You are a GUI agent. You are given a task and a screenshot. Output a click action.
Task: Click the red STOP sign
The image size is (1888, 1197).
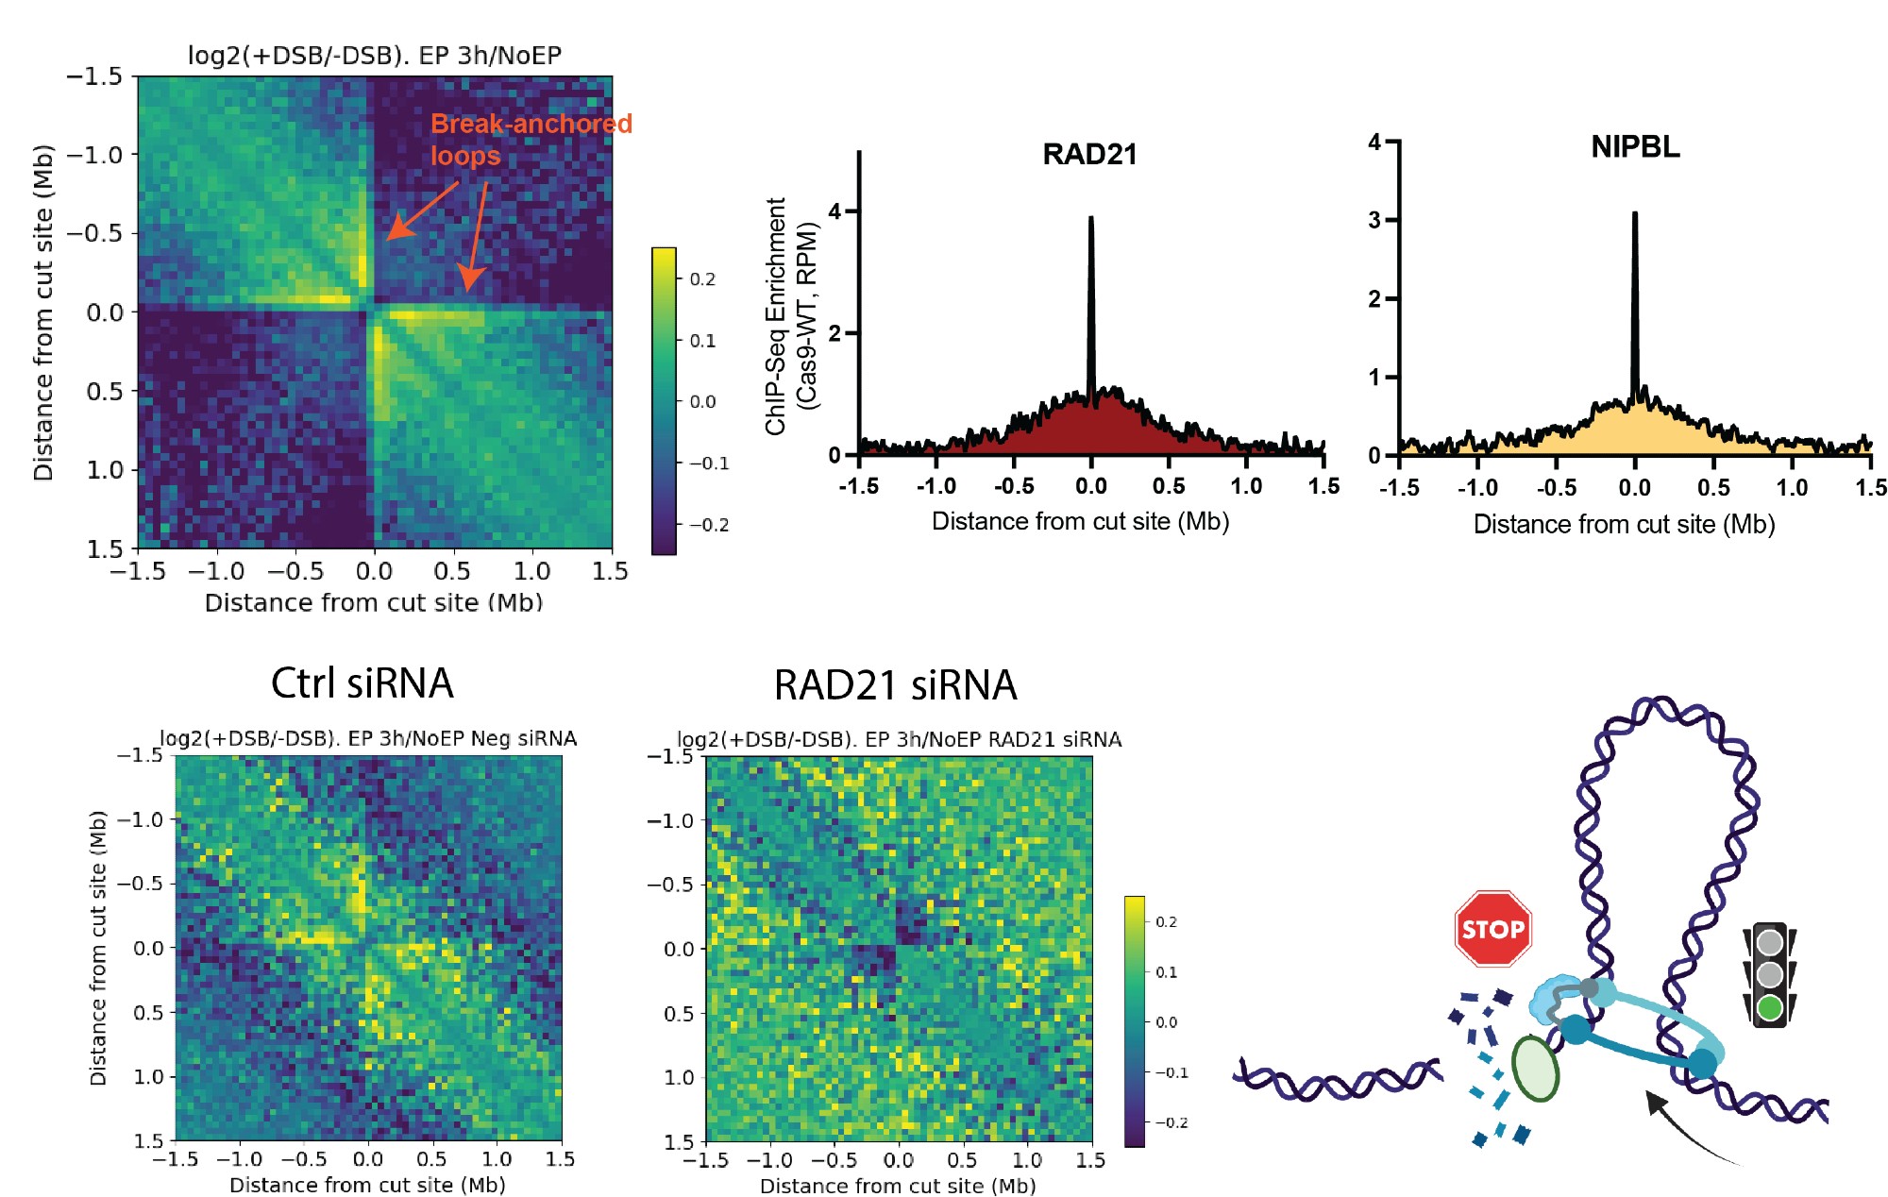1492,929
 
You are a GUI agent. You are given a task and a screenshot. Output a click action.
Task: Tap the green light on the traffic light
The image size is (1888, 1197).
1770,1007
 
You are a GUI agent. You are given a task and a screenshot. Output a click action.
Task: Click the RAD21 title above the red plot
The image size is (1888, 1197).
1089,154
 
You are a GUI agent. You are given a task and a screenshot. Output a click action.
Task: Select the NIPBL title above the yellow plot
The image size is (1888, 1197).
1635,147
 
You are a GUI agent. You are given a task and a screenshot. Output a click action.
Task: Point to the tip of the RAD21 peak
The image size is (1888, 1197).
1091,219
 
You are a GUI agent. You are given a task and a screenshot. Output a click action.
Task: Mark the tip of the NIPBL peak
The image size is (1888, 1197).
1635,214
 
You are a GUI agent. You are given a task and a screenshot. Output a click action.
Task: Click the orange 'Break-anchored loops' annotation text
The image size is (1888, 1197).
530,139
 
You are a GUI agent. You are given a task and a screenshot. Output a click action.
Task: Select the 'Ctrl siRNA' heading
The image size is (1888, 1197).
362,683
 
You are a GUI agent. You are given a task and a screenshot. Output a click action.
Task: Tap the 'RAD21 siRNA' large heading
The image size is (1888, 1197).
895,684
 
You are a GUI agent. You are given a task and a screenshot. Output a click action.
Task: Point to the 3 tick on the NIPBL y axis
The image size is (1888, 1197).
1375,220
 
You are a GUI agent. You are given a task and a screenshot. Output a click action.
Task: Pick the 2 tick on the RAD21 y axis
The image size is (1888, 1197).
835,333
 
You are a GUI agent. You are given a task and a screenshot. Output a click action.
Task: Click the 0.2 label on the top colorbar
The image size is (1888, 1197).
702,279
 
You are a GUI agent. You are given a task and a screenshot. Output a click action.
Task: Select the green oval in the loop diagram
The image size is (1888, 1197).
1535,1068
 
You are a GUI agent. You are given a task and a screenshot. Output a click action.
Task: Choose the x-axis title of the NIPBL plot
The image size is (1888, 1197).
1624,524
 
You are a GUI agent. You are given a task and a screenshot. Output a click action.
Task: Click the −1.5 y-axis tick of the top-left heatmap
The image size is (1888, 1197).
95,76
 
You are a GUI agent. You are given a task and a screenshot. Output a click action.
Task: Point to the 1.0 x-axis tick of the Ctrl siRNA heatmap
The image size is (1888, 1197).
497,1159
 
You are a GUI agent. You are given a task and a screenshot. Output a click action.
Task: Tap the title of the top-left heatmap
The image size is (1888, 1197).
375,55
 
